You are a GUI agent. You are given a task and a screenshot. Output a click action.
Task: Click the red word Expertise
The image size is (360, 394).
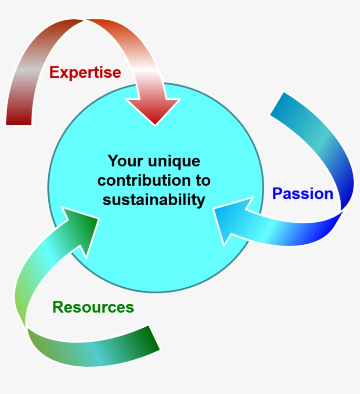85,73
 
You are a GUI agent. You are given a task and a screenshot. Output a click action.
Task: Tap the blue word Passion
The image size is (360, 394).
303,194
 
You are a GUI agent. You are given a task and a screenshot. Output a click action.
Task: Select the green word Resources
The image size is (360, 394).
93,307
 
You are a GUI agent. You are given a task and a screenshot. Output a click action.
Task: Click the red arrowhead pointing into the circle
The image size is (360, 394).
153,111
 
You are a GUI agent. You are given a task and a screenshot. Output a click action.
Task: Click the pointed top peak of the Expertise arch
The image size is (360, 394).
86,20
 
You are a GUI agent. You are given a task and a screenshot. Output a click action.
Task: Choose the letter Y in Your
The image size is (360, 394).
114,161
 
